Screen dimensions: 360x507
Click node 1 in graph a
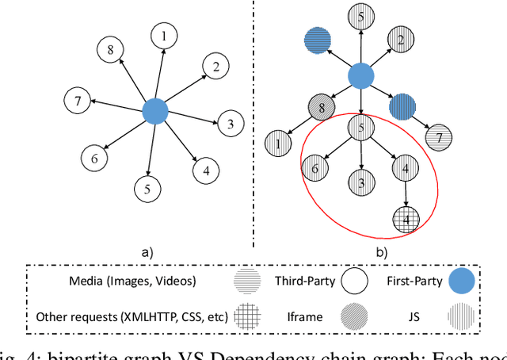pos(164,36)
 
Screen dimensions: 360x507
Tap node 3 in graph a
pos(230,124)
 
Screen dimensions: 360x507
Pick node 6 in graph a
pos(95,159)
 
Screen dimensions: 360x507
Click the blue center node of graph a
pos(155,110)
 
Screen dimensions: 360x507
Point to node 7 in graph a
pos(75,101)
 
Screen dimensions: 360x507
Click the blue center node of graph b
pos(360,77)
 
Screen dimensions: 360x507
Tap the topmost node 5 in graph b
pos(360,17)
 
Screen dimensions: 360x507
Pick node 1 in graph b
pos(280,144)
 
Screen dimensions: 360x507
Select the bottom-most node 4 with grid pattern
pos(406,219)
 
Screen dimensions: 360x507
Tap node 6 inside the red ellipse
pos(315,168)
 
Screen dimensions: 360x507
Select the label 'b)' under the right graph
pos(380,253)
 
